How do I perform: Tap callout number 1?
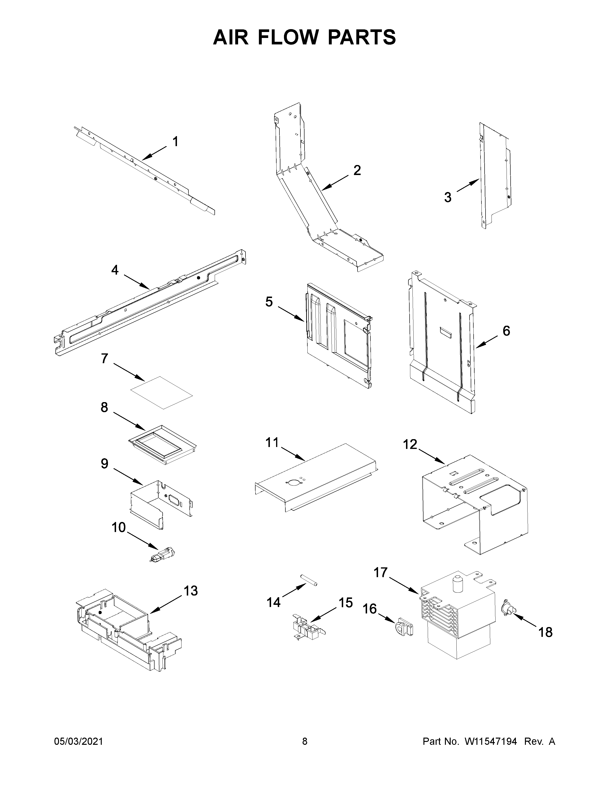click(x=175, y=142)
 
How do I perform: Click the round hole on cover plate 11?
click(x=291, y=483)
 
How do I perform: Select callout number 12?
click(x=410, y=445)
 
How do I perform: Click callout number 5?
click(x=269, y=302)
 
